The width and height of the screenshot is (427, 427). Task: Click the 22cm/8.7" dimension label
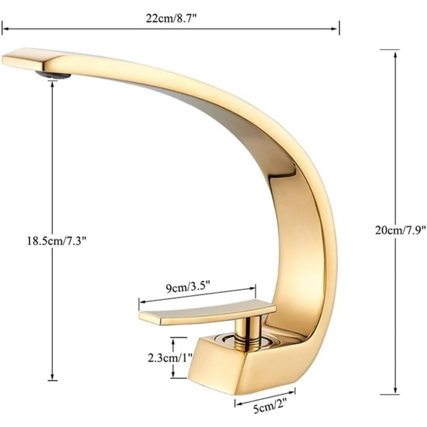point(171,19)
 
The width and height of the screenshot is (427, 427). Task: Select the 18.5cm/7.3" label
point(57,241)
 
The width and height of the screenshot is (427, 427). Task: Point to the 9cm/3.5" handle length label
point(188,288)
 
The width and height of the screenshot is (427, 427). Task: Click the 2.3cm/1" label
point(171,358)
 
